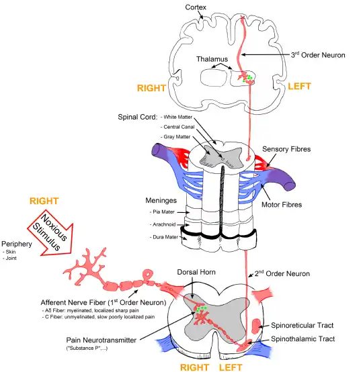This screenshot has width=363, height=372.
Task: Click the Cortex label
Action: pyautogui.click(x=196, y=7)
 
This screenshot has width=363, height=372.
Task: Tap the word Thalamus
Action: pyautogui.click(x=212, y=59)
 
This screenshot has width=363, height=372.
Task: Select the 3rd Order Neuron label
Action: pyautogui.click(x=318, y=55)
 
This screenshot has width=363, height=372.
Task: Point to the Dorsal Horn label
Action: pyautogui.click(x=196, y=272)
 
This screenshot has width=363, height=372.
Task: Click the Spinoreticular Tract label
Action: pyautogui.click(x=302, y=325)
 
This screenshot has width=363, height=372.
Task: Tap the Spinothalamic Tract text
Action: pyautogui.click(x=303, y=339)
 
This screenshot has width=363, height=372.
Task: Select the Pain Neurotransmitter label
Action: pyautogui.click(x=102, y=340)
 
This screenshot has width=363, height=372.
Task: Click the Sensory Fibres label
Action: pyautogui.click(x=286, y=149)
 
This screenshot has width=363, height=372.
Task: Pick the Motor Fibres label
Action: pyautogui.click(x=282, y=205)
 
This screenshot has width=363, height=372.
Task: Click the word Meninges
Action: pyautogui.click(x=161, y=201)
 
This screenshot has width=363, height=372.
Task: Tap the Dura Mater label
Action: pyautogui.click(x=165, y=237)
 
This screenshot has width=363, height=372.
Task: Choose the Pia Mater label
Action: pyautogui.click(x=163, y=212)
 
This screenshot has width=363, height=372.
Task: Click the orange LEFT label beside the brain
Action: pyautogui.click(x=299, y=87)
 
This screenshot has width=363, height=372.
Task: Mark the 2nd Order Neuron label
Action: pyautogui.click(x=282, y=273)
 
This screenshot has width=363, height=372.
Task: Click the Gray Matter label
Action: pyautogui.click(x=177, y=137)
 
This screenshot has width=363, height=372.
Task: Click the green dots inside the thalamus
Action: pyautogui.click(x=247, y=78)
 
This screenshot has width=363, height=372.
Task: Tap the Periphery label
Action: pyautogui.click(x=17, y=244)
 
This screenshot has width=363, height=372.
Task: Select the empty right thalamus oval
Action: pyautogui.click(x=213, y=78)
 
